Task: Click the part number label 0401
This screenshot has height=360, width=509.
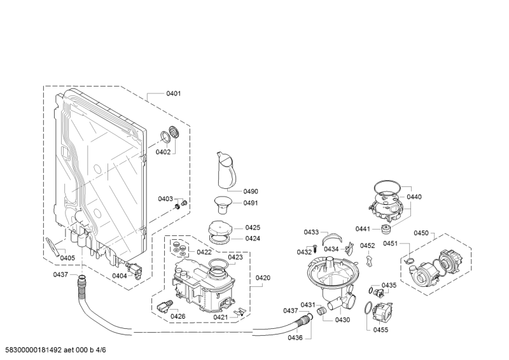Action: pyautogui.click(x=173, y=93)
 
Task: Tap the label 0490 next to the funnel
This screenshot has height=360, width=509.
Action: pyautogui.click(x=251, y=191)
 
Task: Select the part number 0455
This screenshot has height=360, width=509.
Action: pyautogui.click(x=380, y=329)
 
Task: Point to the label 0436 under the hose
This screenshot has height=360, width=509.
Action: pyautogui.click(x=295, y=337)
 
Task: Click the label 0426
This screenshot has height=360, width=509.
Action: pyautogui.click(x=178, y=316)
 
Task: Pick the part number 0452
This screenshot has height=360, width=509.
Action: pyautogui.click(x=367, y=246)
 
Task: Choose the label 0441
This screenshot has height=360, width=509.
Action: pyautogui.click(x=363, y=229)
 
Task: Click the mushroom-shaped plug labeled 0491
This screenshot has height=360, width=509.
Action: pyautogui.click(x=223, y=205)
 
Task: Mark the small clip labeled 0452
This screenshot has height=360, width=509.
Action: pyautogui.click(x=369, y=261)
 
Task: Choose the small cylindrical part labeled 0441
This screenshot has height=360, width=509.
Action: pyautogui.click(x=385, y=229)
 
